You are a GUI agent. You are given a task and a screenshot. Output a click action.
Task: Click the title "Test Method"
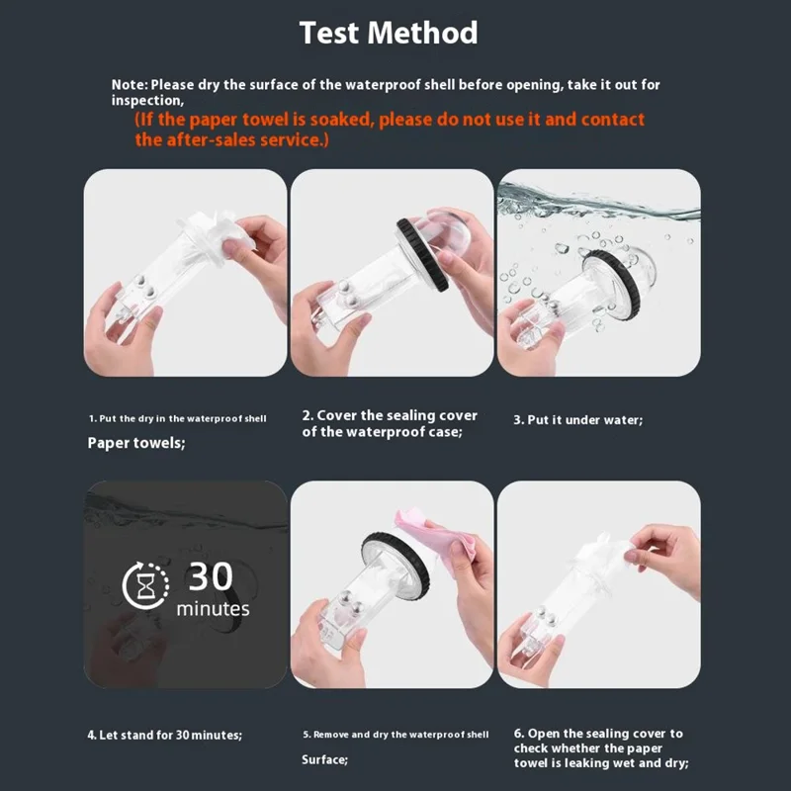pyautogui.click(x=389, y=33)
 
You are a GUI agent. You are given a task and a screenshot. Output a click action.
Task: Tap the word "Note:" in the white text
pyautogui.click(x=130, y=85)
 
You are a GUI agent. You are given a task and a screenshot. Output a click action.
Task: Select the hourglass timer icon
pyautogui.click(x=145, y=585)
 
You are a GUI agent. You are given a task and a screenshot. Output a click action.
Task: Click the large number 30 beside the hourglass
pyautogui.click(x=211, y=576)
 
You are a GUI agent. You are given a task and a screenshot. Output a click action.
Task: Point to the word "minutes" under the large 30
pyautogui.click(x=213, y=609)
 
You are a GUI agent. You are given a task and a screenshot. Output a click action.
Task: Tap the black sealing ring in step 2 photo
pyautogui.click(x=422, y=255)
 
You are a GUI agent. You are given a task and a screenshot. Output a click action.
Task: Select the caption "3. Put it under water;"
pyautogui.click(x=578, y=420)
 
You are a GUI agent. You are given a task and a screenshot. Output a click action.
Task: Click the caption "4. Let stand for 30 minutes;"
pyautogui.click(x=165, y=735)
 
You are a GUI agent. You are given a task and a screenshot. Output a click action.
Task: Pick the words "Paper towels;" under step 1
pyautogui.click(x=136, y=443)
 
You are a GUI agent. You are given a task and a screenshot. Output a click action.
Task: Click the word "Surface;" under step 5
pyautogui.click(x=325, y=759)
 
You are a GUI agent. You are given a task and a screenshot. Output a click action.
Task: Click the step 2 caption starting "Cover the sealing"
pyautogui.click(x=390, y=424)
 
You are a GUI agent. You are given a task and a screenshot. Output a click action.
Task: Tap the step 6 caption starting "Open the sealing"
pyautogui.click(x=601, y=748)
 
